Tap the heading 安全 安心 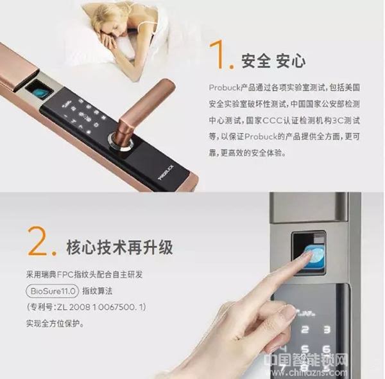(x=273, y=62)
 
